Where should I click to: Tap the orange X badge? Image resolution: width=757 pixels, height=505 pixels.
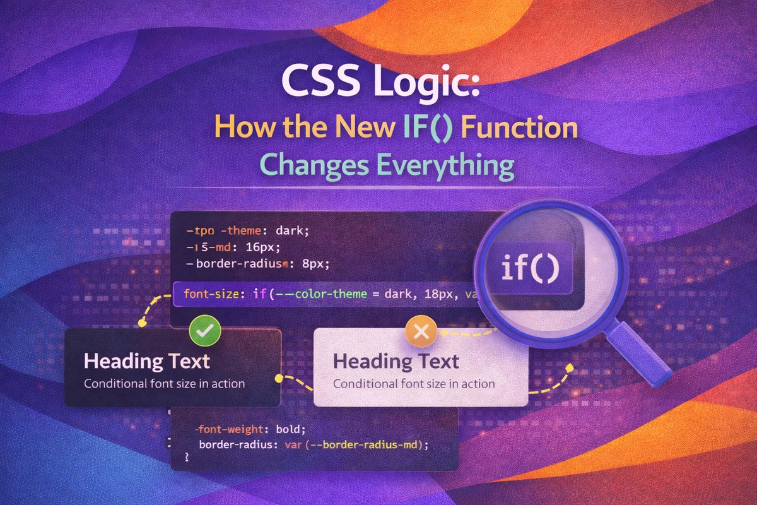[418, 330]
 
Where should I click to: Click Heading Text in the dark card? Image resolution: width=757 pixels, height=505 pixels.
[147, 362]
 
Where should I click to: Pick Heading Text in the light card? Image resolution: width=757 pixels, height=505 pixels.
[396, 362]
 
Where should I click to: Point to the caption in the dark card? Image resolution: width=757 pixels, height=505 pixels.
[164, 383]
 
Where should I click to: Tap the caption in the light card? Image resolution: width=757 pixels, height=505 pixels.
[414, 383]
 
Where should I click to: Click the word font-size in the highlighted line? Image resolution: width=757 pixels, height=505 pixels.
[208, 294]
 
